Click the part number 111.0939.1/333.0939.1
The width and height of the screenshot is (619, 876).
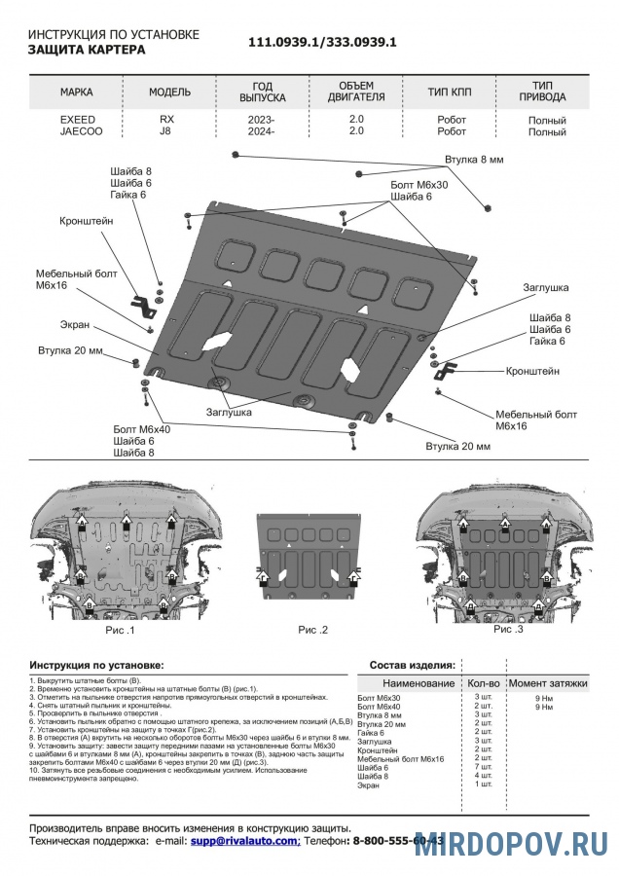322,43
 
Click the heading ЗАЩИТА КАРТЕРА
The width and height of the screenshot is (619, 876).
87,50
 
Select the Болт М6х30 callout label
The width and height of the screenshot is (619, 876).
419,184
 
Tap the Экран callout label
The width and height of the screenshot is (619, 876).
75,325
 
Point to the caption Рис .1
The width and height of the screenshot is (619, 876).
120,631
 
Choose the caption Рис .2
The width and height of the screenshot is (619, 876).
312,631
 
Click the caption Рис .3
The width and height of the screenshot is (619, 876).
508,629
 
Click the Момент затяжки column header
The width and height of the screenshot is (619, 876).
548,684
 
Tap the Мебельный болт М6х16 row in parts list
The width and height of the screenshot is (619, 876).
401,758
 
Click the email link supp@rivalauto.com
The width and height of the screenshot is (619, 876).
244,839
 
